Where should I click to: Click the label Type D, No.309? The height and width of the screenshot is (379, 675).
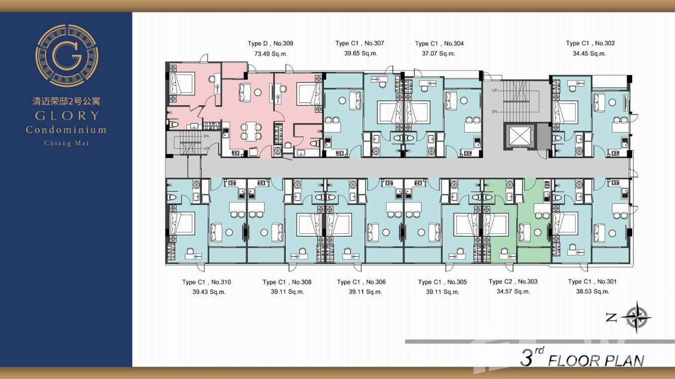coord(270,43)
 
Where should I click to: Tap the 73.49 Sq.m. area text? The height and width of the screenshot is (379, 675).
coord(271,54)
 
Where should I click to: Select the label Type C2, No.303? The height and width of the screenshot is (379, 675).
coord(513,282)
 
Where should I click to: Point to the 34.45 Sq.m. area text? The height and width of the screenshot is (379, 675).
coord(589,54)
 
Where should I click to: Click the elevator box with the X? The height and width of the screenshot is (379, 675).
coord(519,136)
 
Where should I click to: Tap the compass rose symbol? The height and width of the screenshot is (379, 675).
coord(636,317)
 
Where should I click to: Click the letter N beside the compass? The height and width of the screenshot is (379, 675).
coord(611,318)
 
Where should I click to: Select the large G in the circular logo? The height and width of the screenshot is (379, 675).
coord(67,56)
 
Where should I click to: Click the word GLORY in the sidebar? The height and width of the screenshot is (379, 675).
coord(67,116)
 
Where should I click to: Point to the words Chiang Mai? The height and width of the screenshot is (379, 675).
coord(66,143)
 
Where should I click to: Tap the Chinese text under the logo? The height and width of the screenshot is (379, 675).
coord(66,101)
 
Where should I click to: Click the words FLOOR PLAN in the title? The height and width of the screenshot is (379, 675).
coord(596,360)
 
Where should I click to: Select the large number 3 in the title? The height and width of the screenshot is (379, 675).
coord(527,358)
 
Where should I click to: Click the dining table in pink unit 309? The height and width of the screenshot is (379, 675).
coord(250,132)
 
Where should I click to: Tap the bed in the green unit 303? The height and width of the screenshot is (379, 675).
coord(496,225)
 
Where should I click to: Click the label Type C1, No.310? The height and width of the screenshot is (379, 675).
coord(206,282)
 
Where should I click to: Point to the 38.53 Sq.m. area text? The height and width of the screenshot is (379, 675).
coord(593,292)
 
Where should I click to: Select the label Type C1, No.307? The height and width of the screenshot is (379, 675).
coord(360,43)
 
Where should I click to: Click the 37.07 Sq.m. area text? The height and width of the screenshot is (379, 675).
coord(439,54)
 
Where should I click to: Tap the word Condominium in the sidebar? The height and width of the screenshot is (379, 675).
coord(66,130)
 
